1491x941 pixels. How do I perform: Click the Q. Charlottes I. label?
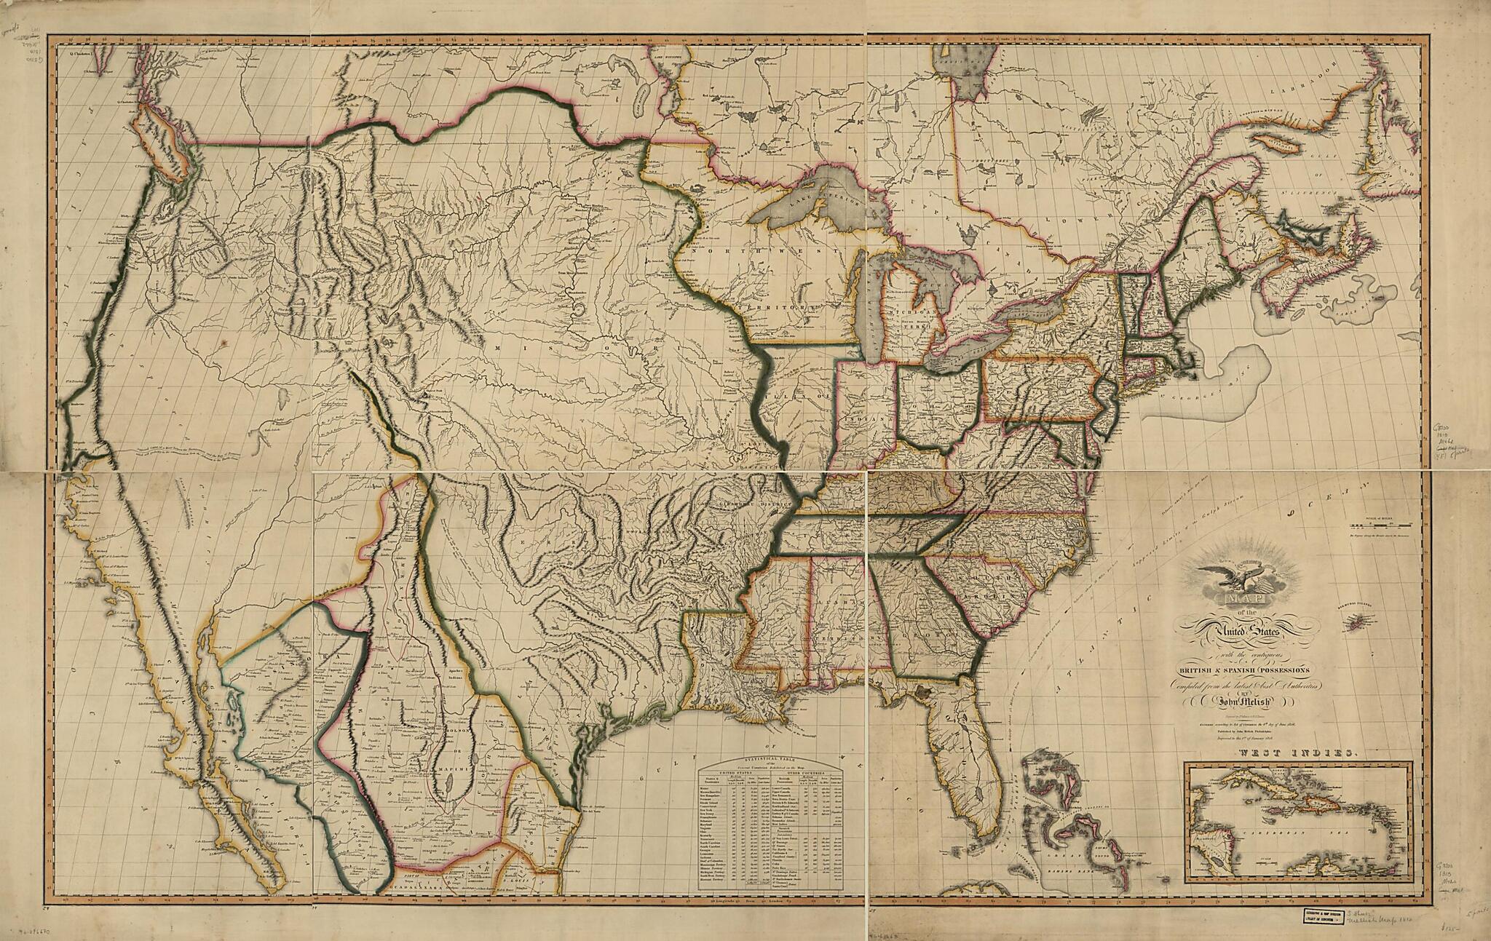tap(82, 52)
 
